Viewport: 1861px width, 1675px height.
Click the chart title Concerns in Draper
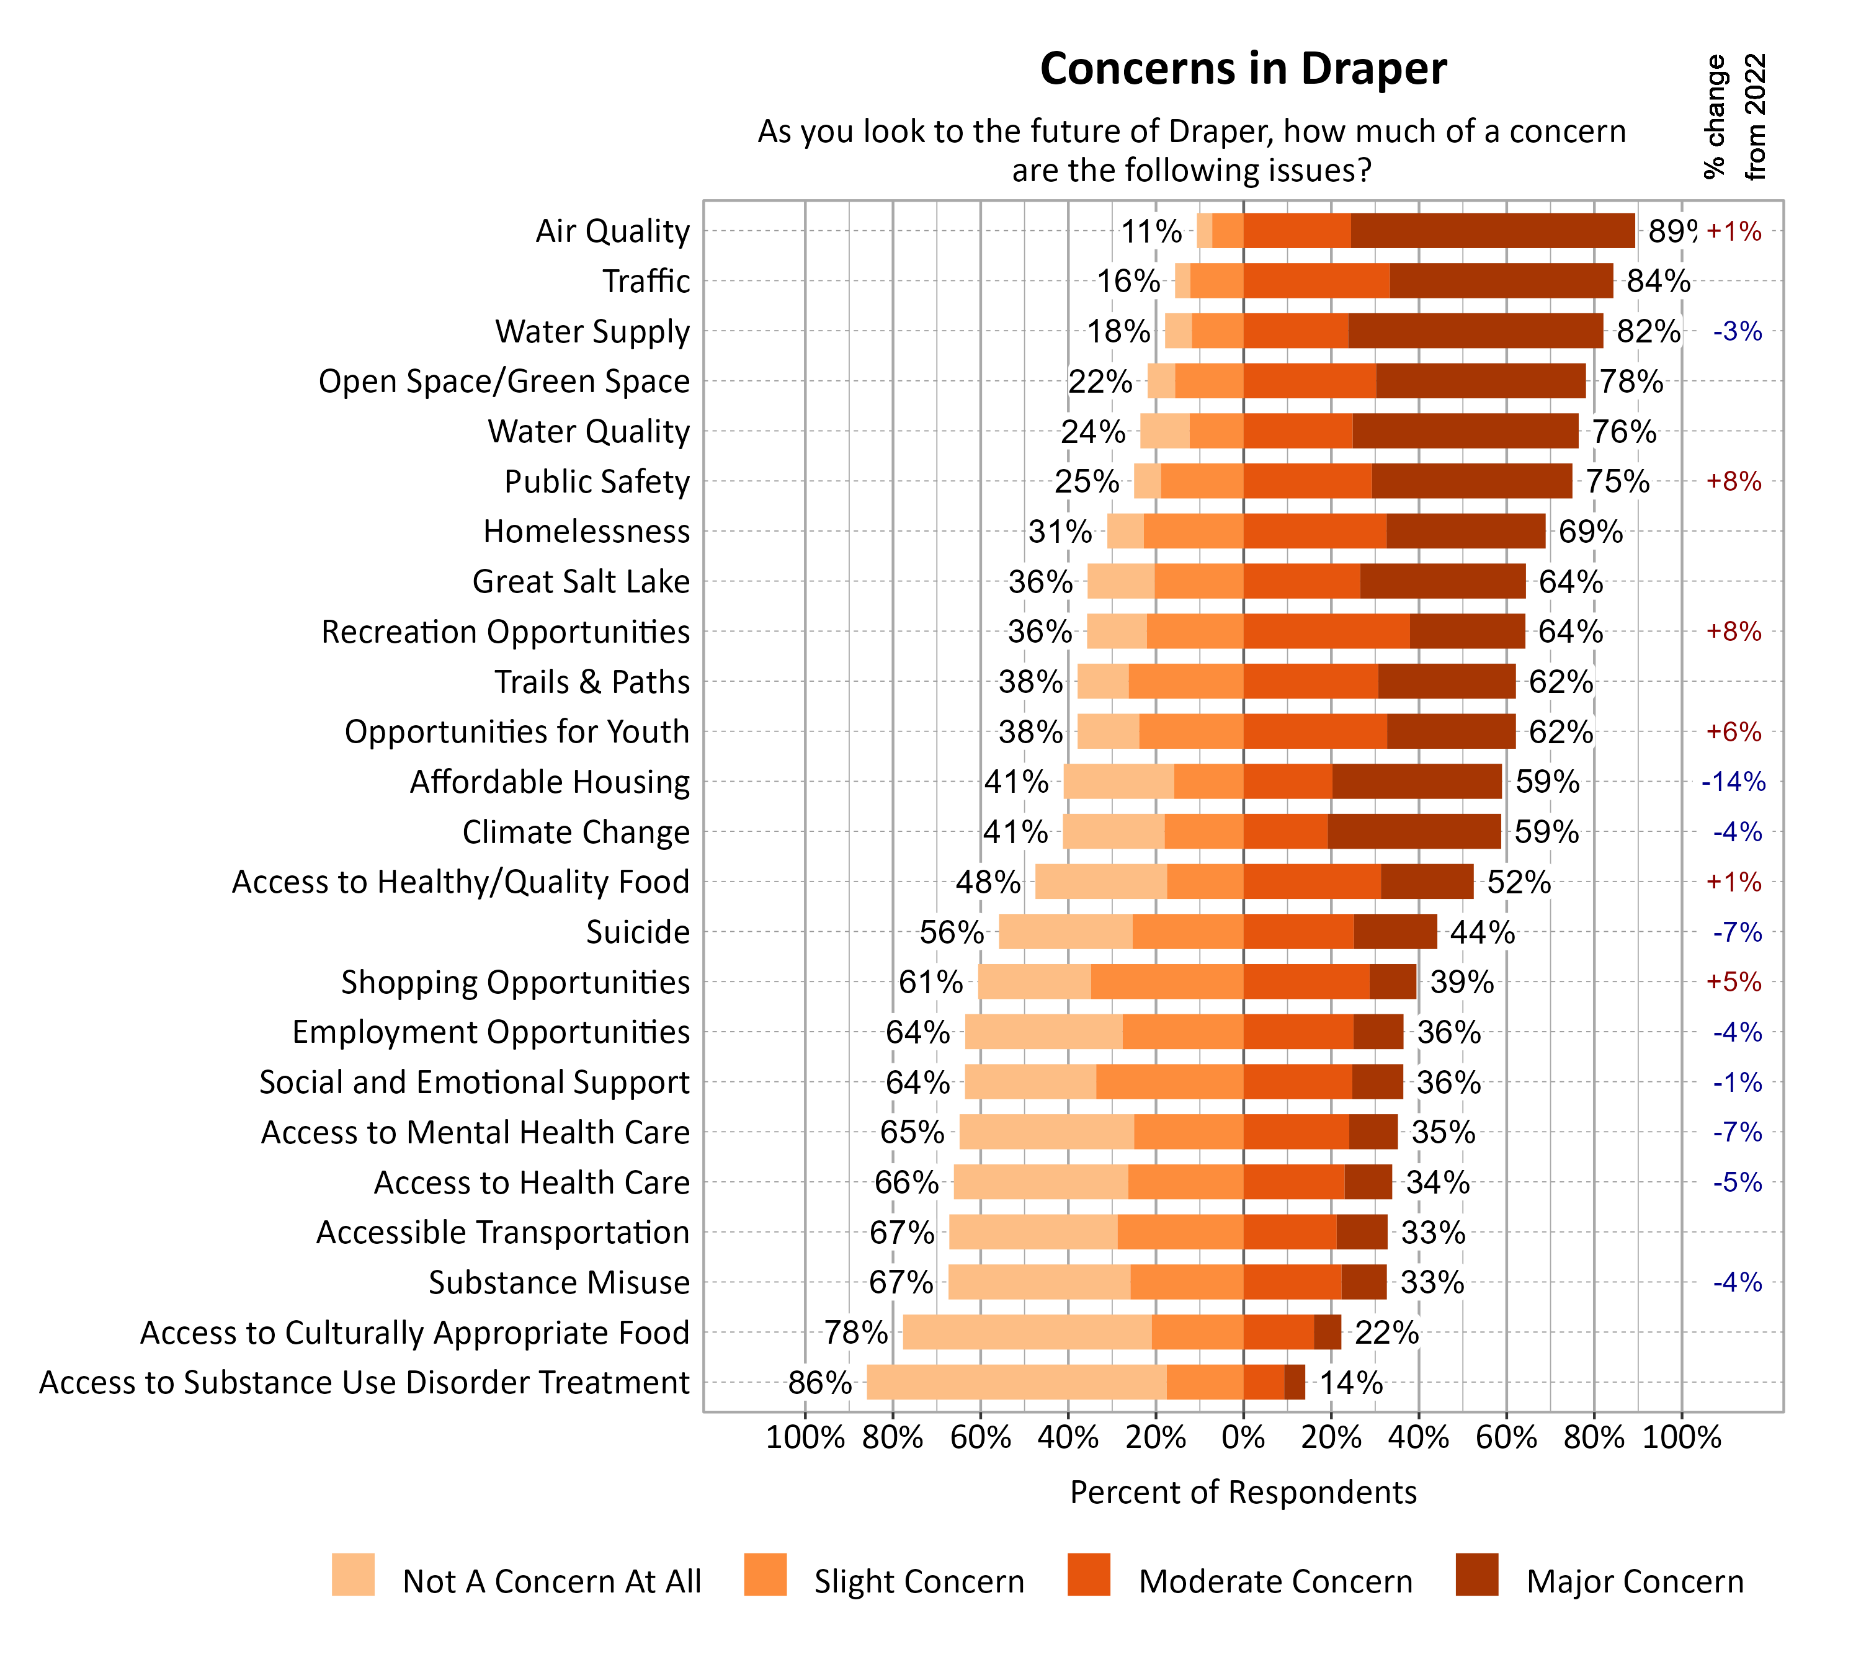click(1243, 69)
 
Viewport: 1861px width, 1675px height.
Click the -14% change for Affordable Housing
click(1733, 782)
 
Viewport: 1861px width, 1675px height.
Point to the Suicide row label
click(637, 932)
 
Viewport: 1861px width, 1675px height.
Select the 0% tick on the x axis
click(1243, 1437)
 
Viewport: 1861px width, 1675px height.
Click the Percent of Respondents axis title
click(1243, 1492)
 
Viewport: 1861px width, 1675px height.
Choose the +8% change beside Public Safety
click(1733, 481)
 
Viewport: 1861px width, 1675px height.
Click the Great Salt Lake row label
click(580, 582)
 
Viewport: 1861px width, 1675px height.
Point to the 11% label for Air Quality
click(1151, 231)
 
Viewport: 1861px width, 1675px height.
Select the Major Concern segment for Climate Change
click(1414, 831)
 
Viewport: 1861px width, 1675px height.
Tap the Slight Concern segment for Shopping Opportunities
click(1166, 982)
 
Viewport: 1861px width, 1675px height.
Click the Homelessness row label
click(586, 532)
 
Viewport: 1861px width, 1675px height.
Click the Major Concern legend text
click(1634, 1581)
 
